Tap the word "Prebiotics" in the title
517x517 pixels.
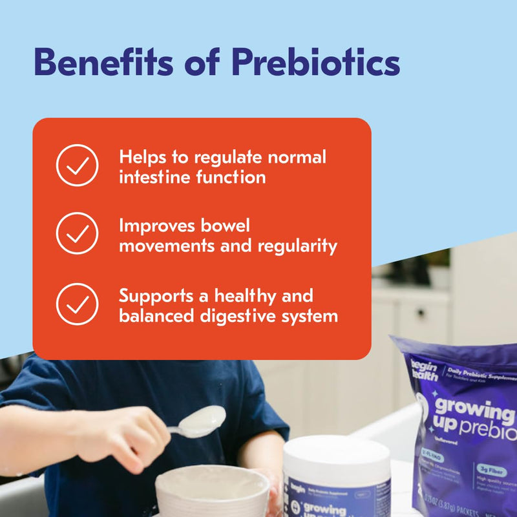[315, 63]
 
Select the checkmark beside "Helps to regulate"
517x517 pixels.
[77, 166]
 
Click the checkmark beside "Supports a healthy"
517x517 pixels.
[77, 304]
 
